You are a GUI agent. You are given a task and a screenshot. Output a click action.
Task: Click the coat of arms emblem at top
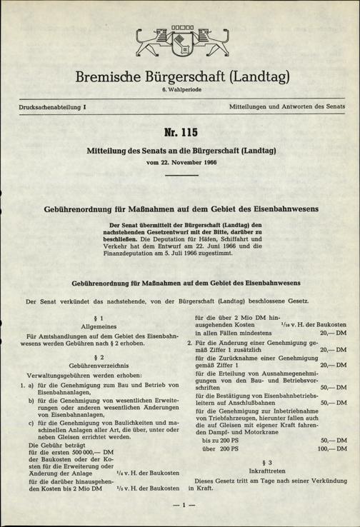pos(181,43)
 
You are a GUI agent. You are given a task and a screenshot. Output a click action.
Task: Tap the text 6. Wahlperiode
pos(180,90)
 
